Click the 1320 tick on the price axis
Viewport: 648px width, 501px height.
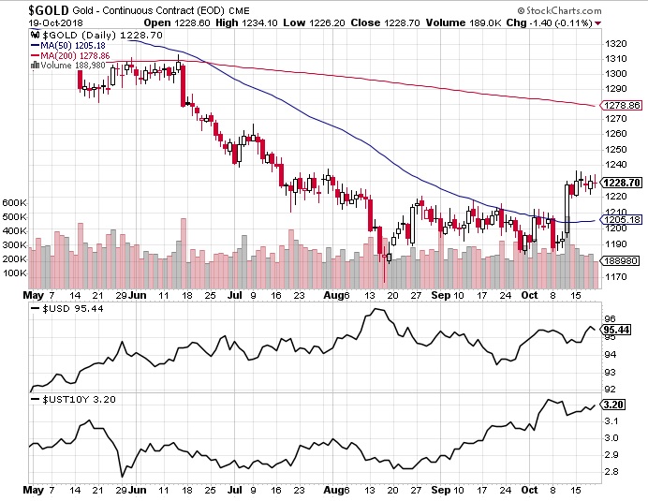[x=616, y=43]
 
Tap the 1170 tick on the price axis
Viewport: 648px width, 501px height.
[x=616, y=276]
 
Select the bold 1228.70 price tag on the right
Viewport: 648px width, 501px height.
[x=623, y=184]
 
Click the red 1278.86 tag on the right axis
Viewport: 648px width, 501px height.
[x=623, y=106]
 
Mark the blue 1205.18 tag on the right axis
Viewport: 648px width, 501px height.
[x=623, y=220]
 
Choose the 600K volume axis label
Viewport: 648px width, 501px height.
[x=14, y=202]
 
